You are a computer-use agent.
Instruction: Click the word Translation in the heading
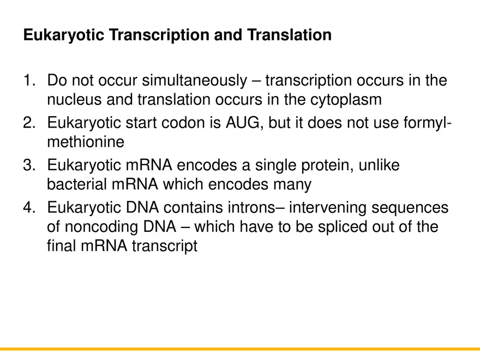pos(289,35)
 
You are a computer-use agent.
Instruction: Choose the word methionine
pos(86,142)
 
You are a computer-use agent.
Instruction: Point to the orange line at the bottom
pos(240,349)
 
